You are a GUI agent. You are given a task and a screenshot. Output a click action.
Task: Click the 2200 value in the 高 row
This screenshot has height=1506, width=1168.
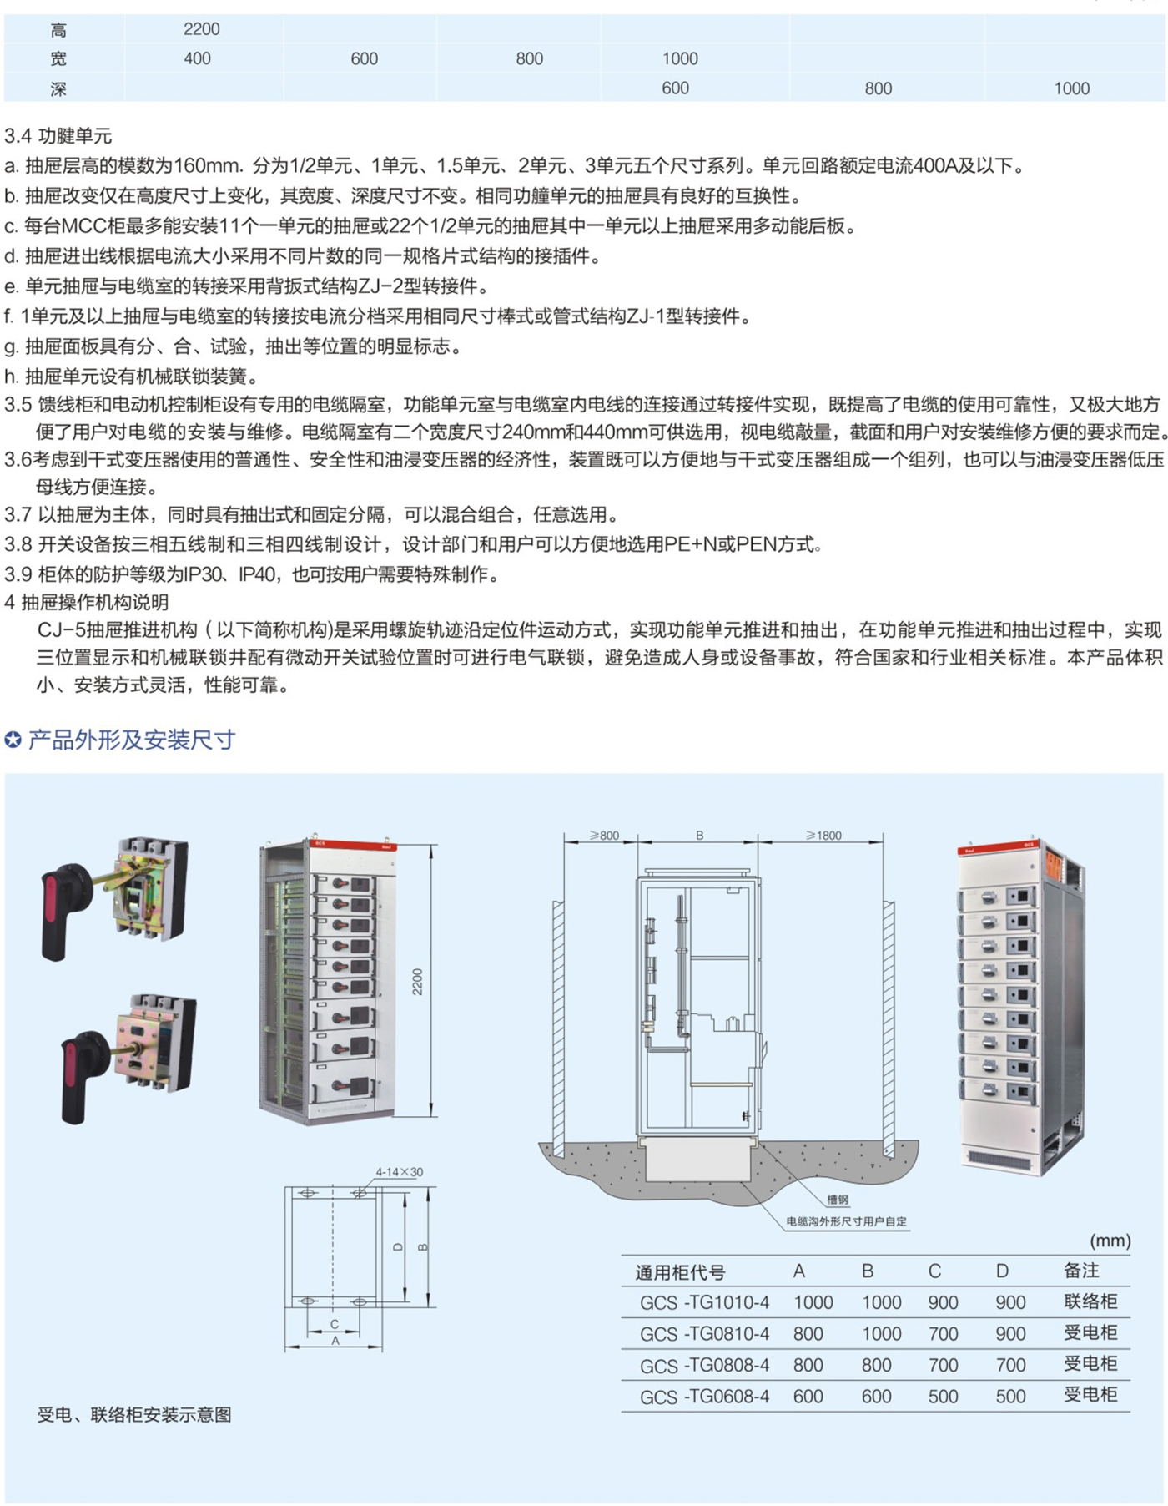(x=202, y=29)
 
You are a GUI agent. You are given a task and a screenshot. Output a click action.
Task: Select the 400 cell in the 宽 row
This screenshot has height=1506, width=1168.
(x=197, y=58)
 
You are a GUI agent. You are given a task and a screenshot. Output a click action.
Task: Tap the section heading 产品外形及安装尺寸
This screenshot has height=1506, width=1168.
(x=131, y=740)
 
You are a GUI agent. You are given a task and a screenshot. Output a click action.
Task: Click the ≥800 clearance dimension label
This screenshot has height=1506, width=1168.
(x=604, y=835)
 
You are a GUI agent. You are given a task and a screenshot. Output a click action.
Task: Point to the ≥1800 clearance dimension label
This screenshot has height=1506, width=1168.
(x=823, y=835)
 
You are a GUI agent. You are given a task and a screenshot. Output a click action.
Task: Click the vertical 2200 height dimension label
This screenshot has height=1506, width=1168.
(x=417, y=982)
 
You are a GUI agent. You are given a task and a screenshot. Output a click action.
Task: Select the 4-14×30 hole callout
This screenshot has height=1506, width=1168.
(x=399, y=1172)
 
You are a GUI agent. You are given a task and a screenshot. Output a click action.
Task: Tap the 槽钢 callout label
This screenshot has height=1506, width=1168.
(x=838, y=1200)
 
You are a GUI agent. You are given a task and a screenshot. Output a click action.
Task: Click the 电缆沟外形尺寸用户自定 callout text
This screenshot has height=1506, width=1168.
(x=846, y=1221)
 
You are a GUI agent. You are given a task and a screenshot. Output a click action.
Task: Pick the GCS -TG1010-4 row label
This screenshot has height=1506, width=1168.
(x=704, y=1302)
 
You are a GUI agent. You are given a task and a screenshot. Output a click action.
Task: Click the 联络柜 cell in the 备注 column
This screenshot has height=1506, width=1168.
(x=1090, y=1301)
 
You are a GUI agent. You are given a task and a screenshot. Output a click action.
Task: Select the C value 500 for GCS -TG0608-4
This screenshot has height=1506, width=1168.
(x=943, y=1397)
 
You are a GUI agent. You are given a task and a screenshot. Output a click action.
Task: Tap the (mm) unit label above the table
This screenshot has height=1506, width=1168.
(x=1110, y=1241)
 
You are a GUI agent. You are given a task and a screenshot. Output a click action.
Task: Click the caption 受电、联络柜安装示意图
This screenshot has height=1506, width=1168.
(x=134, y=1414)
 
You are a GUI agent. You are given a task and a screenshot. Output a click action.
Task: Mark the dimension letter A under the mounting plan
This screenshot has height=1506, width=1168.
(x=335, y=1341)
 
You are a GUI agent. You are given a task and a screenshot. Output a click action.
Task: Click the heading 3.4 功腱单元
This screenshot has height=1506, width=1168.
(x=58, y=136)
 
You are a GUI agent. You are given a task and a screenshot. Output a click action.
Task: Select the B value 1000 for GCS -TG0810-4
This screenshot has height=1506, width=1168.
(x=881, y=1334)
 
